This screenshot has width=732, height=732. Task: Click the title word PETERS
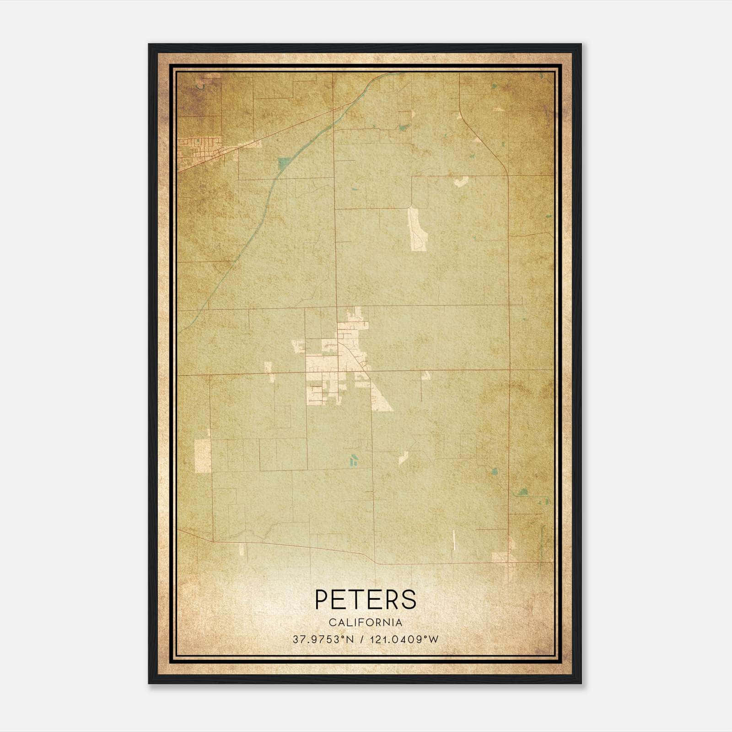click(366, 599)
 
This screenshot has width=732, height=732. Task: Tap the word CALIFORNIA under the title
click(366, 623)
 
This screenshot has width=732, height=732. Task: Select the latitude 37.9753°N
click(323, 640)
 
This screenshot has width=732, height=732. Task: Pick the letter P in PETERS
click(321, 599)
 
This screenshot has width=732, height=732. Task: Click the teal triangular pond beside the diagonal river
click(283, 162)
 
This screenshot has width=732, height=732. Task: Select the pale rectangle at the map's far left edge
click(201, 455)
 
